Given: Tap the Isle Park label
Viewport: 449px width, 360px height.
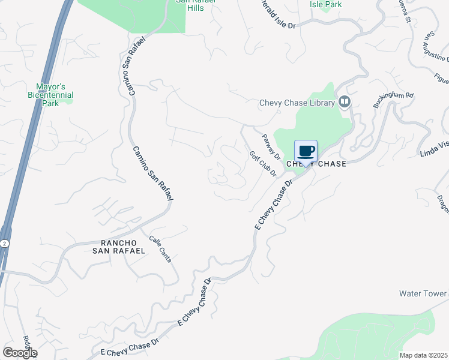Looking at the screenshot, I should coord(325,4).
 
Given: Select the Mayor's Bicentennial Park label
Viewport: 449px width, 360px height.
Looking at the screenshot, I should coord(50,95).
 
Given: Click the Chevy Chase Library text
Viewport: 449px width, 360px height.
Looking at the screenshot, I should coord(297,103).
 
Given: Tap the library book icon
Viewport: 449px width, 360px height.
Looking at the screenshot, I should coord(345,101).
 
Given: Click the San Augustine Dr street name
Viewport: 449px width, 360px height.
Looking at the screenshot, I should coord(436,47).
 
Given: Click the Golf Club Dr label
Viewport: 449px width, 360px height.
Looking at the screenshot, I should coord(262,163).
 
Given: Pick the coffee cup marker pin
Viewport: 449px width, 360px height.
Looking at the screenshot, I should coord(306,152).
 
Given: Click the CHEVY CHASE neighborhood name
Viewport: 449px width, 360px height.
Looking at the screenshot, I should coord(316,164).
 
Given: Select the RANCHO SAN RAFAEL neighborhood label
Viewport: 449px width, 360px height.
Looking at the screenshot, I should coord(118,247).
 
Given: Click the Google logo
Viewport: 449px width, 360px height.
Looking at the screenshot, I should coord(19,353).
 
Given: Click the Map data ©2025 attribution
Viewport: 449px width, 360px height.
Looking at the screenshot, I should coord(423,355).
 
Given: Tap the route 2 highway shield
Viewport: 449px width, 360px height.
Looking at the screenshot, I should coord(4,243).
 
